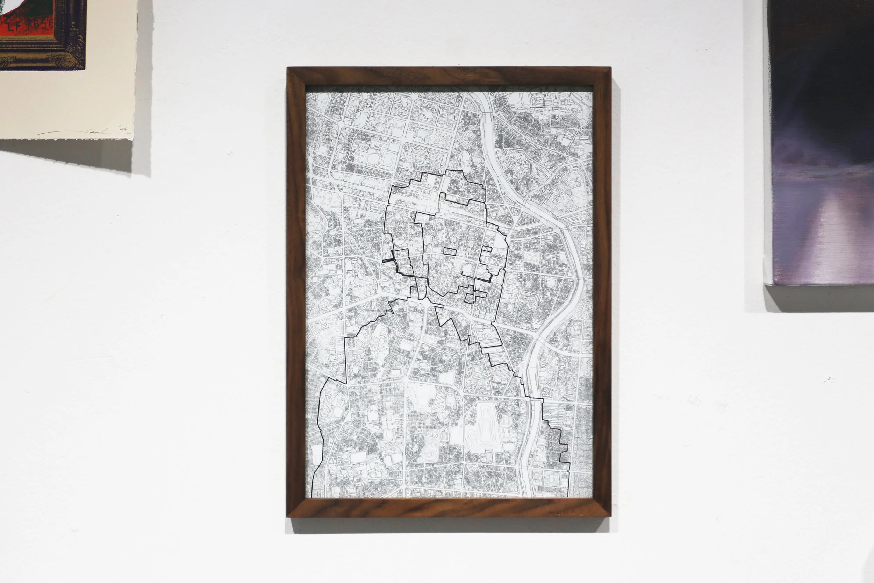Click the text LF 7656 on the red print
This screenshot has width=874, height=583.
[36, 25]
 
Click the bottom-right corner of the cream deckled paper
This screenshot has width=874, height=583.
[132, 140]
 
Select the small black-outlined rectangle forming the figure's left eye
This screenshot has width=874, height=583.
[450, 251]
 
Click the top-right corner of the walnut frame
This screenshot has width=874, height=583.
[610, 69]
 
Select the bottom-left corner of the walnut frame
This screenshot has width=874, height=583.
[288, 517]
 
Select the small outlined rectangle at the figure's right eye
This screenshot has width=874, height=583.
[487, 249]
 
